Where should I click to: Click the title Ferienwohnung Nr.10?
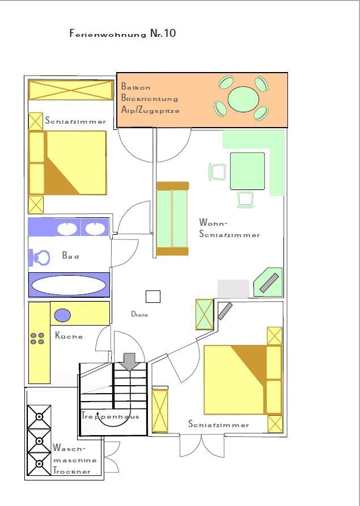[122, 33]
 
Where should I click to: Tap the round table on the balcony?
[243, 99]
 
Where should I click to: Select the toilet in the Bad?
[39, 258]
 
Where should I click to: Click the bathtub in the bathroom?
[69, 285]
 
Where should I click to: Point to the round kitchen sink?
[62, 315]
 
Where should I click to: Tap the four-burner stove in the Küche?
[37, 339]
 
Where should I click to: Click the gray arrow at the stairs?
[129, 361]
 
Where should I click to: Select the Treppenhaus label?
[111, 416]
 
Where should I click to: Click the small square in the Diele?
[153, 297]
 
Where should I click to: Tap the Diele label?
[139, 314]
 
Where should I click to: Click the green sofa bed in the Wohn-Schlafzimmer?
[172, 219]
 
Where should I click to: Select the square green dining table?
[247, 171]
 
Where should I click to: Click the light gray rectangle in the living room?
[233, 289]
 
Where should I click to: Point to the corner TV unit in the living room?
[268, 282]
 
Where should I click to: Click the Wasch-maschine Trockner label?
[71, 459]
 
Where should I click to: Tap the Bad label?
[70, 256]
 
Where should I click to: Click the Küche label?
[69, 336]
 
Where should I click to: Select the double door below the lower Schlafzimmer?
[202, 446]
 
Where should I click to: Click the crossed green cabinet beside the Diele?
[205, 314]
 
